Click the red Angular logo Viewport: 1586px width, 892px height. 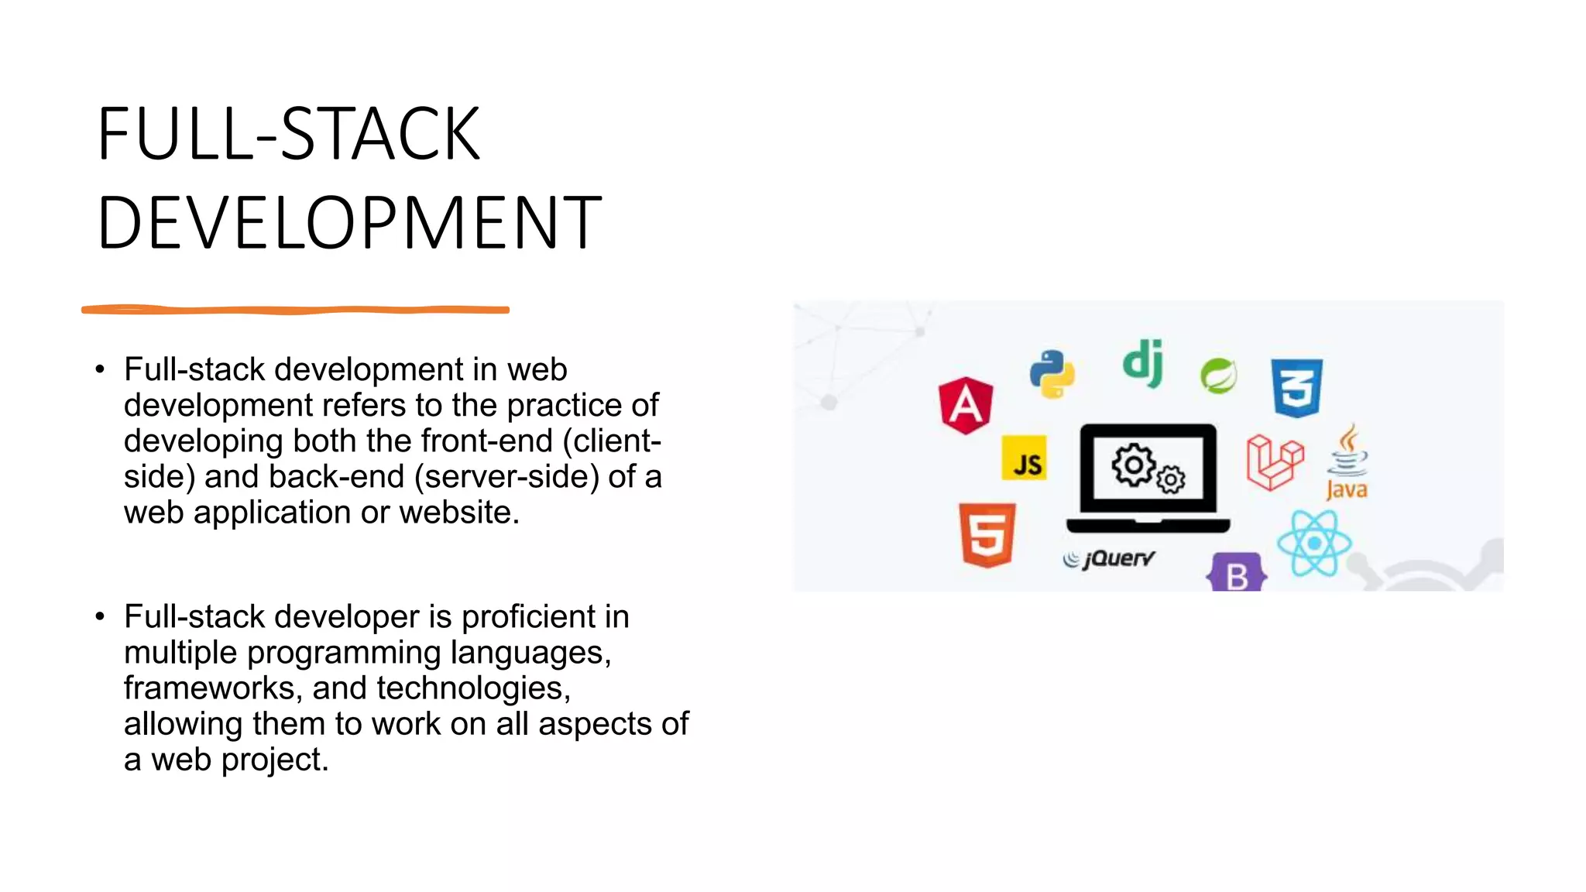pos(966,405)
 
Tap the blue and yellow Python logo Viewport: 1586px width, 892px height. pos(1052,374)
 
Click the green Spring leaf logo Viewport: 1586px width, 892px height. pos(1218,376)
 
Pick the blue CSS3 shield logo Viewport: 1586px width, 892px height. pos(1296,387)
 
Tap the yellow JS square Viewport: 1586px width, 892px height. pos(1024,458)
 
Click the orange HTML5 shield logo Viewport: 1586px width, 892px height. pos(987,535)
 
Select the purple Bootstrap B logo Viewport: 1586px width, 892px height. pos(1237,574)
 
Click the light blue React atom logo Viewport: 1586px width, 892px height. pos(1313,544)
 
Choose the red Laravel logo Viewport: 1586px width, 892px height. pos(1275,461)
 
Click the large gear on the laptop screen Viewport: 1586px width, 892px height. pos(1133,465)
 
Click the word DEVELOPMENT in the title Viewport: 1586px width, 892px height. pos(349,223)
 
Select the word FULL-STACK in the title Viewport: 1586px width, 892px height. pos(289,134)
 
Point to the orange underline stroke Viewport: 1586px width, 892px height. pos(295,310)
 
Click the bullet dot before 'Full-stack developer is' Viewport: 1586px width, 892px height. pos(100,617)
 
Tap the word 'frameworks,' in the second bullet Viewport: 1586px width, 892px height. pos(213,688)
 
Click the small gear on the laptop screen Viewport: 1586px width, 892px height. pos(1171,480)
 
